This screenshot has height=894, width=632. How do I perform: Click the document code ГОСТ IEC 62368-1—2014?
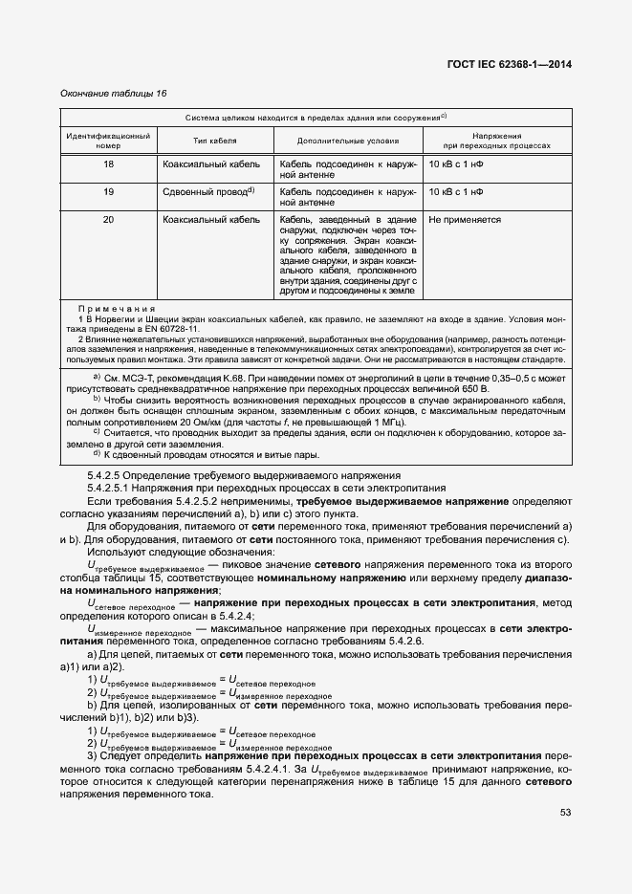tap(515, 65)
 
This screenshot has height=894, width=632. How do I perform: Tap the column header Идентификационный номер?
tap(108, 140)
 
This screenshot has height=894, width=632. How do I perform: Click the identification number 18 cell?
tap(108, 164)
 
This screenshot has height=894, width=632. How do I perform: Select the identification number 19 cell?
tap(108, 191)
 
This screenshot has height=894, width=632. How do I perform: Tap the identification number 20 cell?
tap(108, 219)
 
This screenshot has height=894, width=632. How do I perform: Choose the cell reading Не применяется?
tap(466, 219)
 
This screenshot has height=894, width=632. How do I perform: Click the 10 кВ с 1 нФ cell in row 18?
tap(457, 164)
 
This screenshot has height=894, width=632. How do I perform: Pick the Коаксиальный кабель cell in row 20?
tap(212, 219)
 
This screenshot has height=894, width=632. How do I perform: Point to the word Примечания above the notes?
tap(116, 309)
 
